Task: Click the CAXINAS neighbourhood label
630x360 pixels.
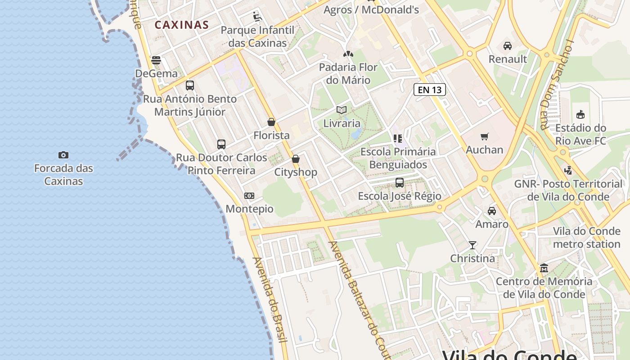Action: (x=182, y=25)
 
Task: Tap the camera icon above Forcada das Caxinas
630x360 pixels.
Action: (x=63, y=155)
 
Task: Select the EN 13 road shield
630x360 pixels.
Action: (x=430, y=90)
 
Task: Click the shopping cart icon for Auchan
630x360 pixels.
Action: (x=485, y=136)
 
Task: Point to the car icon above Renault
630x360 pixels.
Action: (x=508, y=46)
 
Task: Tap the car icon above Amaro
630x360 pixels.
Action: (x=492, y=211)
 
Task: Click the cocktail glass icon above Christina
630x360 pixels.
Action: (x=472, y=245)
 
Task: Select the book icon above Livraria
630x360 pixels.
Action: (x=342, y=110)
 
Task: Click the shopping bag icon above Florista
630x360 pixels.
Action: (x=271, y=122)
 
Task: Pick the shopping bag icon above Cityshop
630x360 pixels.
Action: (x=296, y=159)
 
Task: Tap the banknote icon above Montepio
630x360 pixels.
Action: (x=249, y=196)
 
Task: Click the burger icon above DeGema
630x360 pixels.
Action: (x=156, y=60)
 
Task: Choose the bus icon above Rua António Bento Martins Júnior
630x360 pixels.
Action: (x=190, y=85)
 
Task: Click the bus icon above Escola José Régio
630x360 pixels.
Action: (x=400, y=183)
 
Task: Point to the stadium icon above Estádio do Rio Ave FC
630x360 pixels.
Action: (x=580, y=115)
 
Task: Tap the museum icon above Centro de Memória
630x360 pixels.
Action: (x=544, y=268)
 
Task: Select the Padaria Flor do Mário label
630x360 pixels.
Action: (x=348, y=74)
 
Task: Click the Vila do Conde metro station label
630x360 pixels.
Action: (x=586, y=238)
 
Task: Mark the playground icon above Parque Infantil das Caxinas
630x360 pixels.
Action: (x=257, y=17)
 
